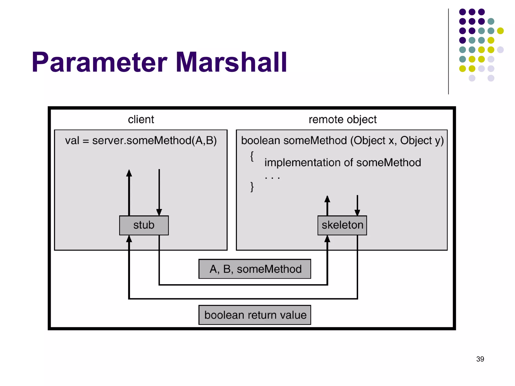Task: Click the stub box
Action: tap(144, 225)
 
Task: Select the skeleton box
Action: tap(342, 225)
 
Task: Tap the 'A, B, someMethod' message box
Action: tap(255, 269)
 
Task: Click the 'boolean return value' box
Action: tap(255, 315)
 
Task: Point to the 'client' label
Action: tap(141, 119)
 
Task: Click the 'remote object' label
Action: tap(342, 120)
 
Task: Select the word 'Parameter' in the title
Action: tap(99, 62)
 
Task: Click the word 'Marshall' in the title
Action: tap(231, 62)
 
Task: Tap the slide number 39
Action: tap(480, 359)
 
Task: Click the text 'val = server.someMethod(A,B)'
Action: tap(141, 140)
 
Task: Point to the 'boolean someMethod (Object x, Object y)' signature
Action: tap(342, 140)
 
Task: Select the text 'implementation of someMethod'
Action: tap(342, 163)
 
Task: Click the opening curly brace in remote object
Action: tap(252, 156)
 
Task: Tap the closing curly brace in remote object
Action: tap(252, 187)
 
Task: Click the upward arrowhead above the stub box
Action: tap(129, 173)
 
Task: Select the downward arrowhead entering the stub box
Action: tap(159, 212)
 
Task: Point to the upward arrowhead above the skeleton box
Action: tap(327, 199)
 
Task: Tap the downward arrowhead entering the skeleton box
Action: tap(357, 213)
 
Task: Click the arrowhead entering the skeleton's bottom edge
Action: tap(327, 239)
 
